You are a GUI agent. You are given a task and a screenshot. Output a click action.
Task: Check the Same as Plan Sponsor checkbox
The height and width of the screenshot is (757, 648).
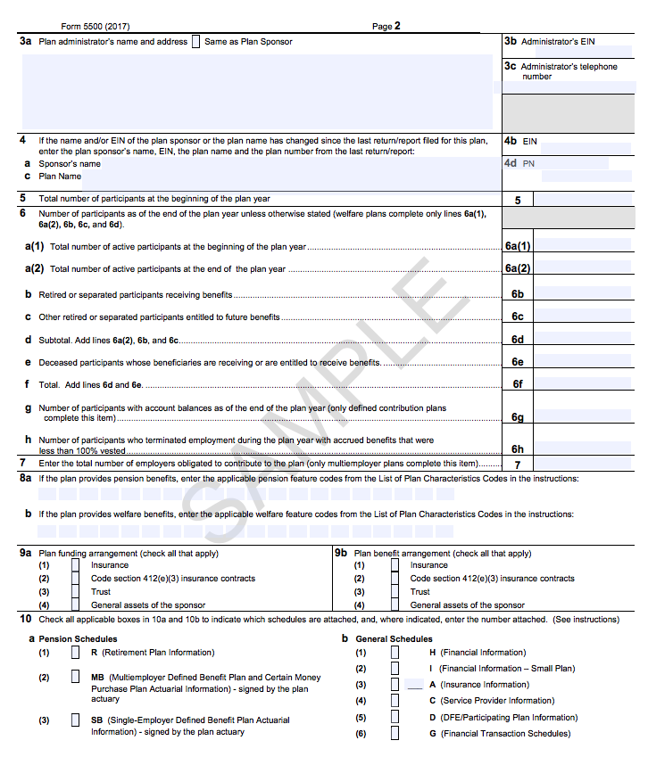tap(195, 42)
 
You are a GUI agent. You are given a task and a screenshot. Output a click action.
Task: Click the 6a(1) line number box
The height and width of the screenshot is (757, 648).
tap(518, 246)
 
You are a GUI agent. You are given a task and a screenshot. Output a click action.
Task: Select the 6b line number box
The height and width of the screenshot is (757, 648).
tap(518, 293)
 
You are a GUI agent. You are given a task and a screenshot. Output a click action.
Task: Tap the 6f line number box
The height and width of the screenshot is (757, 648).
tap(518, 385)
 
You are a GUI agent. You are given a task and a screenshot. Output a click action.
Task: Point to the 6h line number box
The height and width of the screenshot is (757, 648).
tap(518, 448)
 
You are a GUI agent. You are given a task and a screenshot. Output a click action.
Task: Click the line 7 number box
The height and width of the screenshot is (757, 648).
tap(518, 465)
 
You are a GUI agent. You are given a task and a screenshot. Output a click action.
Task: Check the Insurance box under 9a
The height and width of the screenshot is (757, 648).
tap(76, 564)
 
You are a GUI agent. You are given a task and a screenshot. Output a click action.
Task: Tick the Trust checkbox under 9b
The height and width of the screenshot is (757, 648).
tap(395, 591)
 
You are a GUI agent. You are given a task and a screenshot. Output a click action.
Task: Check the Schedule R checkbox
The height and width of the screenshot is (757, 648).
tap(76, 652)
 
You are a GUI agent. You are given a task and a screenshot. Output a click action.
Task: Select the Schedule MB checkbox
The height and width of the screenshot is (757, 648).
tap(76, 677)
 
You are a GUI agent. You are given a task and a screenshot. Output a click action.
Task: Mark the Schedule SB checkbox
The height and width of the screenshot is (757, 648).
tap(76, 720)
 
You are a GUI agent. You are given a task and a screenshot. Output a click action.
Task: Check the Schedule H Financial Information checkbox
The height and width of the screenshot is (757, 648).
tap(395, 652)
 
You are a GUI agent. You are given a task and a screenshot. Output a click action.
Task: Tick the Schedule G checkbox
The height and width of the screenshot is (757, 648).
tap(395, 733)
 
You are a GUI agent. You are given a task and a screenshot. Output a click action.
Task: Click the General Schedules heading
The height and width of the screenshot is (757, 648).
tap(394, 638)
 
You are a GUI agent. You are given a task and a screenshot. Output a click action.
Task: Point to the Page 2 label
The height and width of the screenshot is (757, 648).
tap(386, 27)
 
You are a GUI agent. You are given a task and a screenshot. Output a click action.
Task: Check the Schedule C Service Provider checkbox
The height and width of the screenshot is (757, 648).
tap(395, 701)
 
